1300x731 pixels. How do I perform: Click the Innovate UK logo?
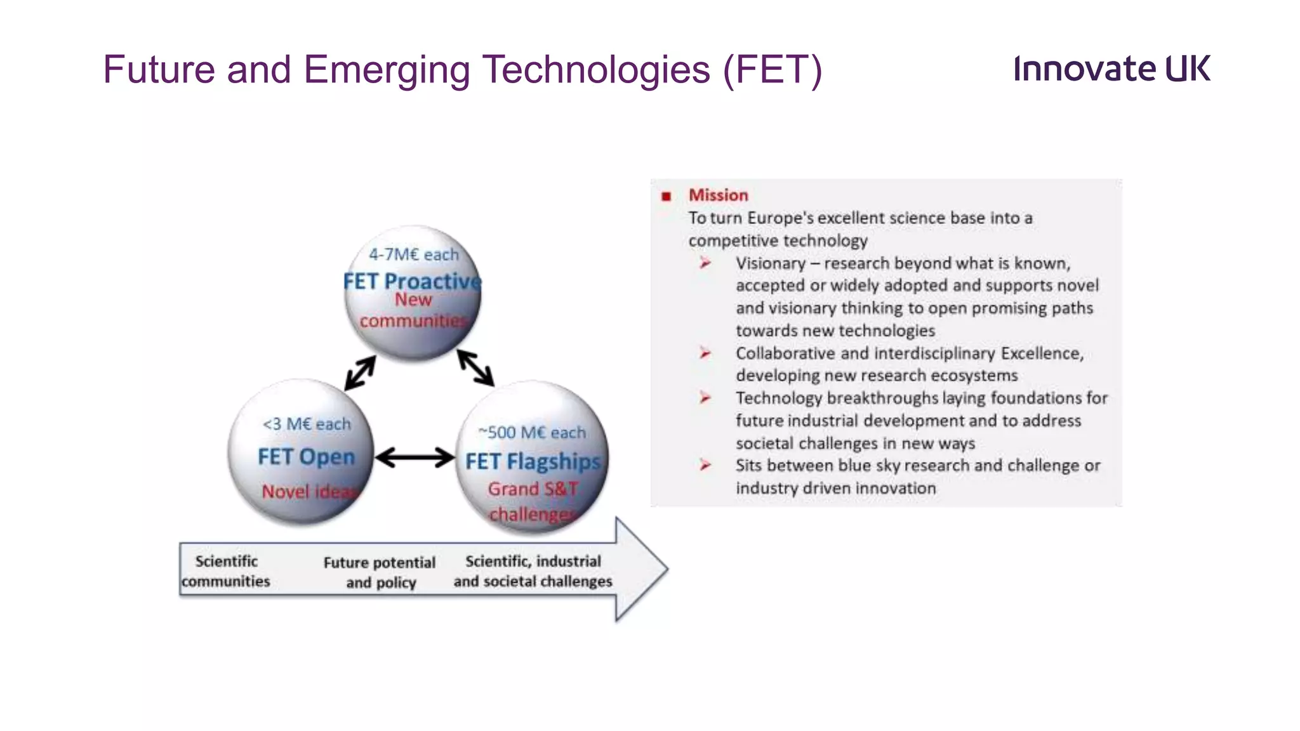(x=1111, y=69)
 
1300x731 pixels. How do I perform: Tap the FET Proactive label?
(x=412, y=280)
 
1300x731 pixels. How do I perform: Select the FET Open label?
(x=306, y=457)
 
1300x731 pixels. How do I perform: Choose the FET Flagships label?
(x=532, y=461)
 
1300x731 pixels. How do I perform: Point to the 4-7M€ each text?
(x=413, y=254)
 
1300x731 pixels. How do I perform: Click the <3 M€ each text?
(x=307, y=424)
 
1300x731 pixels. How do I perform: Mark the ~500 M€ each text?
(x=532, y=433)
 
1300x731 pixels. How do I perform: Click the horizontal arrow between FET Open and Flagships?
(x=415, y=458)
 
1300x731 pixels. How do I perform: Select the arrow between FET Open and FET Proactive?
(x=360, y=373)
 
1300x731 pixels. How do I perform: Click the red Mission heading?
(x=718, y=195)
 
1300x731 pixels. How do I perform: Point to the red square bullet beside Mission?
(x=666, y=197)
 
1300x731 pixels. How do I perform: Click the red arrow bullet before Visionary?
(x=705, y=263)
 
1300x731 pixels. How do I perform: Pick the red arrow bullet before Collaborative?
(x=705, y=353)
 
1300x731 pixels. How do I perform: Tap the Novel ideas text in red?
(x=310, y=492)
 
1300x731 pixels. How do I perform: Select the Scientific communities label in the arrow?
(x=226, y=571)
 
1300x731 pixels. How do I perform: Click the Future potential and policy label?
(x=380, y=572)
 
